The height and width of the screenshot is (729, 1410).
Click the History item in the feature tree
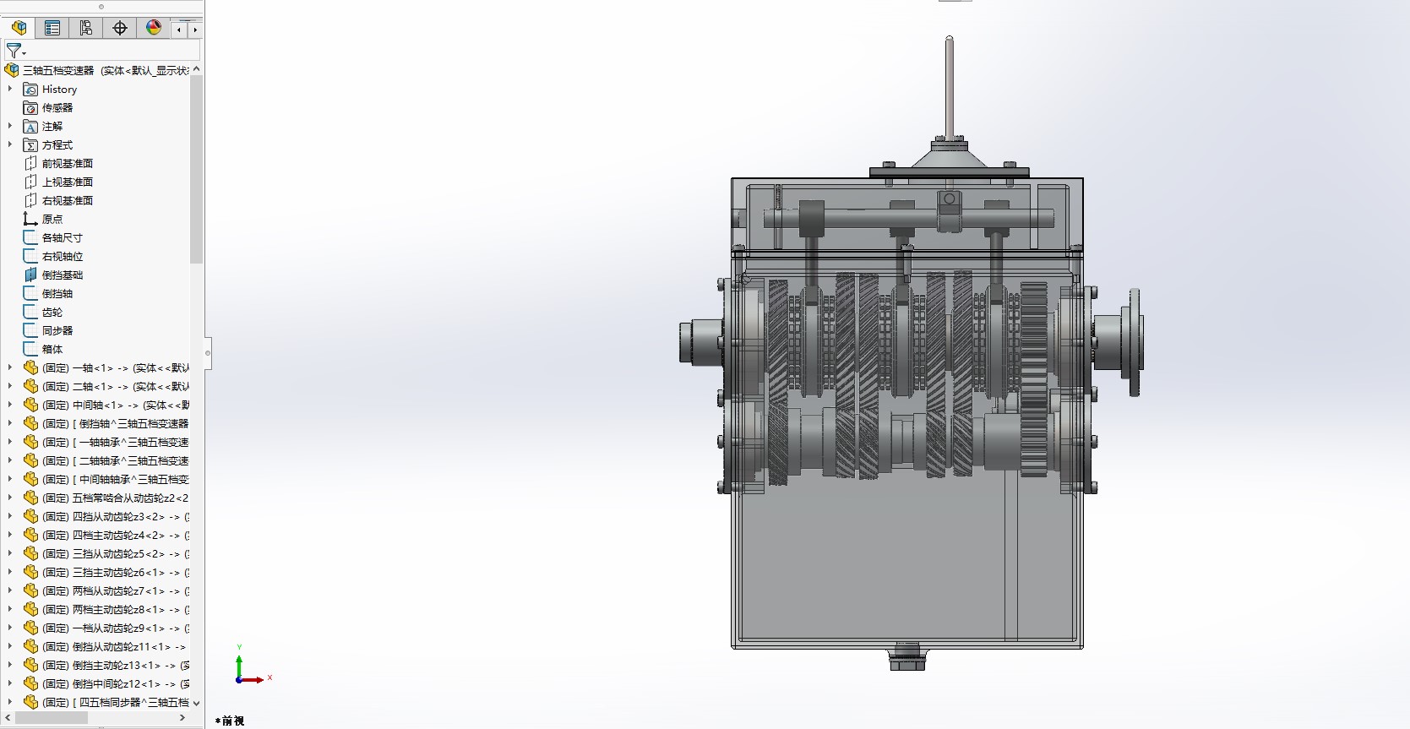[x=59, y=90]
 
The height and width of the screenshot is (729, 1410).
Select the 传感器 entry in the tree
[x=57, y=107]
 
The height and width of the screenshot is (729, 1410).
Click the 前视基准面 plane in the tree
[x=68, y=164]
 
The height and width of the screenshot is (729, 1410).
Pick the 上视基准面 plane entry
[x=68, y=182]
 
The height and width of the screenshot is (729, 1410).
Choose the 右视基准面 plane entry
[x=68, y=201]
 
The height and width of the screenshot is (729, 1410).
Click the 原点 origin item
[x=52, y=219]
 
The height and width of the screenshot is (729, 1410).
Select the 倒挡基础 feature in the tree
[x=63, y=275]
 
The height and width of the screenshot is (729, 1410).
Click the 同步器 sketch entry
[x=57, y=330]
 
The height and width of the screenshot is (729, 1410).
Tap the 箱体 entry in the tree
[x=52, y=350]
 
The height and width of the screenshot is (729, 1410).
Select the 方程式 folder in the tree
[x=57, y=144]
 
